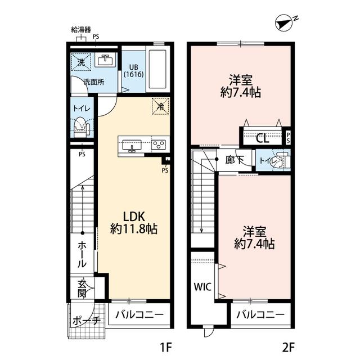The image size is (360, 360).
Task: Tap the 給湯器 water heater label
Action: click(x=81, y=29)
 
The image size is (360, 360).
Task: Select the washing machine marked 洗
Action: click(x=81, y=62)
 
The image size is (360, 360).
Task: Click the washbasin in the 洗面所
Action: click(x=105, y=61)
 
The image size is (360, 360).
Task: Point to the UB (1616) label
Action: click(x=134, y=71)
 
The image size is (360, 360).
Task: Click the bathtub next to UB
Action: click(x=157, y=69)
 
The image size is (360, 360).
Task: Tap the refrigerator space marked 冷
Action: click(x=160, y=106)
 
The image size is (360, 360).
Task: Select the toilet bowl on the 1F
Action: click(x=80, y=127)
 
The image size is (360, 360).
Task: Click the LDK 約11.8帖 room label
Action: click(x=134, y=223)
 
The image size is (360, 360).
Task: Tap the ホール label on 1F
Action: click(x=82, y=254)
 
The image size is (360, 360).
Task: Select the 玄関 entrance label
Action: click(x=82, y=289)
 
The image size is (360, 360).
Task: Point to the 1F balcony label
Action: click(x=139, y=314)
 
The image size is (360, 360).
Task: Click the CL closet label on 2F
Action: click(x=263, y=138)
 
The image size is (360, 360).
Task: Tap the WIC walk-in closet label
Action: click(x=202, y=287)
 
